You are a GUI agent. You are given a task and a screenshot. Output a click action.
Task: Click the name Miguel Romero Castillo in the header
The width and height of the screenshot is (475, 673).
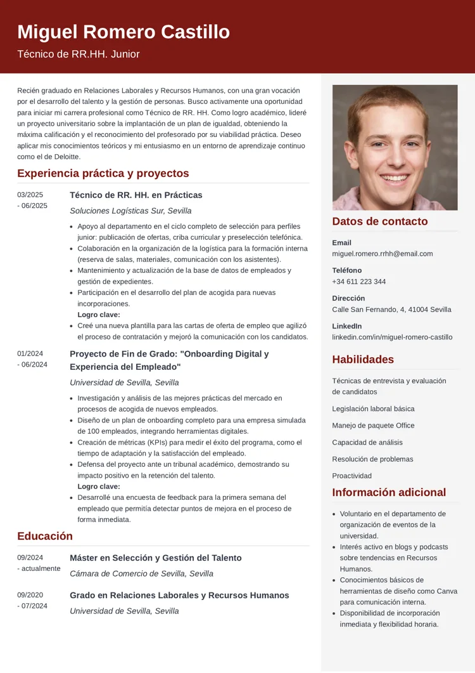pos(123,32)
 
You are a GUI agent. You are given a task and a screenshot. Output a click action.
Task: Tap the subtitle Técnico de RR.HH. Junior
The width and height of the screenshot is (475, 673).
pos(79,55)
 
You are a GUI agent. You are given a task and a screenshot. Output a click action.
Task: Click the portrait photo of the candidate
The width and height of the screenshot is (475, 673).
pos(395,147)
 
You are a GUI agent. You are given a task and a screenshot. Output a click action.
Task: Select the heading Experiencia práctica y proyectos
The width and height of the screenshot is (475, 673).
pos(103,173)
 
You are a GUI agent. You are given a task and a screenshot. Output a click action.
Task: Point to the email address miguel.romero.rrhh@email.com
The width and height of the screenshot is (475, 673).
pos(383,254)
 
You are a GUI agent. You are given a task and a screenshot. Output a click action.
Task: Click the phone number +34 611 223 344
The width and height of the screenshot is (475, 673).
pos(358,282)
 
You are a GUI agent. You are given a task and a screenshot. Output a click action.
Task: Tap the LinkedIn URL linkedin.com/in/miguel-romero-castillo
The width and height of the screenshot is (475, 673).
pos(392,337)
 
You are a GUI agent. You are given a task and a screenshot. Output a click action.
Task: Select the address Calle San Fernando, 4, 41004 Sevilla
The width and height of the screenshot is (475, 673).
pos(391,310)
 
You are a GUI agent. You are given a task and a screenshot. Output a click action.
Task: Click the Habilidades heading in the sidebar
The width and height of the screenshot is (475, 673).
pos(363,360)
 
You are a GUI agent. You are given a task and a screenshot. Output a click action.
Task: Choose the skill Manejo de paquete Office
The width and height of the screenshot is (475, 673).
pos(373,426)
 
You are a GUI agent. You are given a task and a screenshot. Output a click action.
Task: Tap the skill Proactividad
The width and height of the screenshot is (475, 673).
pos(351,476)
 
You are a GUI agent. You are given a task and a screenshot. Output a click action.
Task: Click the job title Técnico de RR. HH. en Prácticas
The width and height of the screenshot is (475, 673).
pos(136,195)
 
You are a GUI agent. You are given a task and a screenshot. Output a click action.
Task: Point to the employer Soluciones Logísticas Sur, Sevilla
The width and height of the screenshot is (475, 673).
pos(130,211)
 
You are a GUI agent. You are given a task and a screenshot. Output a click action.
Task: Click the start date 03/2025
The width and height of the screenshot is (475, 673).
pos(30,195)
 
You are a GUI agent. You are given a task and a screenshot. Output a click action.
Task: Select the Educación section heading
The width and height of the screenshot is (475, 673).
pos(45,536)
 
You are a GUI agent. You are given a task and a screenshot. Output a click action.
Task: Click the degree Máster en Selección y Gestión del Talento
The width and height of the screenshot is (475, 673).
pos(156,558)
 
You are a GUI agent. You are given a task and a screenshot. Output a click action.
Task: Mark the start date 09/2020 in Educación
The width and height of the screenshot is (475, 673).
pos(30,596)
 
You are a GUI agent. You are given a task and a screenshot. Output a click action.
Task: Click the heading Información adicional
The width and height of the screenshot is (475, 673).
pos(389,492)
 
